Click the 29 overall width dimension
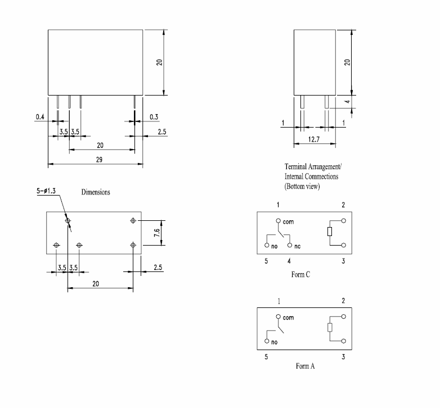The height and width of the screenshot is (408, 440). click(100, 160)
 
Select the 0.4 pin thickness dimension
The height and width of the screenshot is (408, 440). click(40, 117)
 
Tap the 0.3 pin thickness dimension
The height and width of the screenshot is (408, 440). click(154, 117)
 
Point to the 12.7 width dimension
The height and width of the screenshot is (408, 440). click(314, 139)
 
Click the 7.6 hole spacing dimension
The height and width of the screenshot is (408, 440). click(157, 233)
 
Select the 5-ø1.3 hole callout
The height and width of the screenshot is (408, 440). click(46, 191)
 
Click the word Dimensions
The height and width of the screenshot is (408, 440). click(96, 192)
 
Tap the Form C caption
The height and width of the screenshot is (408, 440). click(300, 274)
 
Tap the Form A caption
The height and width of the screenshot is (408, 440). click(306, 366)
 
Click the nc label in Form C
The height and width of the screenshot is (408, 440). click(298, 246)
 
